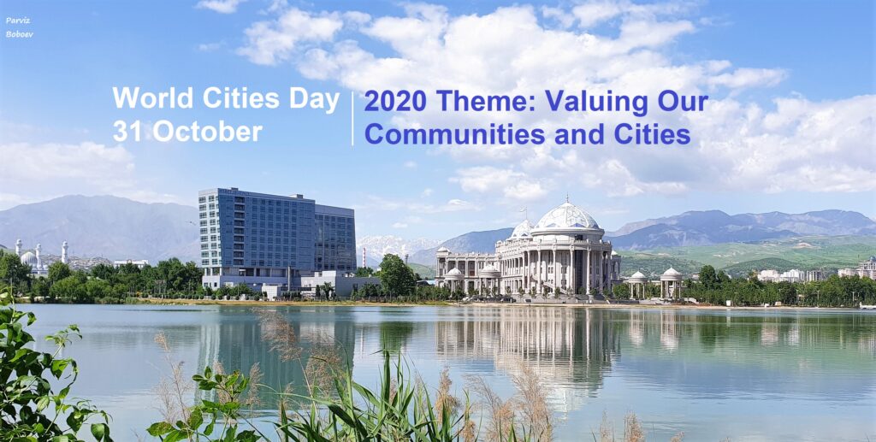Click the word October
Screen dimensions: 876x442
(x=207, y=131)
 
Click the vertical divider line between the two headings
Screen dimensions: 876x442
(x=353, y=118)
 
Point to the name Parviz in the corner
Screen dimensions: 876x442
(x=18, y=21)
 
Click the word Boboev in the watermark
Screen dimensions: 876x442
(x=20, y=34)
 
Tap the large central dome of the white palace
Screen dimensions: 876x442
(x=566, y=216)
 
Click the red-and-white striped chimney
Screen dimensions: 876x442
(x=364, y=258)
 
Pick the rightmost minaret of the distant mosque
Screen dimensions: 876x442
(x=65, y=252)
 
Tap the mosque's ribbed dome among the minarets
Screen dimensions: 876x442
(x=28, y=258)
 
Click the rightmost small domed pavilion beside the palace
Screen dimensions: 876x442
(x=671, y=282)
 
